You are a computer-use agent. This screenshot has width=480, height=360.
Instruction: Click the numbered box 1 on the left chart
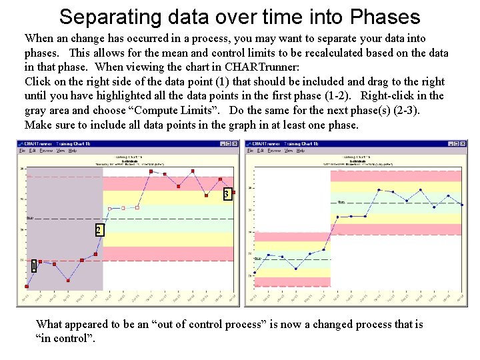point(33,267)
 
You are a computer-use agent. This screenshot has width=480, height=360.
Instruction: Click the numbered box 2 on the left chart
point(98,230)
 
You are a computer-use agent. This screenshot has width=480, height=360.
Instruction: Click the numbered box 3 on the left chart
point(227,194)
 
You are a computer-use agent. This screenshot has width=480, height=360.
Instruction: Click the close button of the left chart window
point(235,143)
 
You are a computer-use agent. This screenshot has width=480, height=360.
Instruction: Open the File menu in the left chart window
point(22,151)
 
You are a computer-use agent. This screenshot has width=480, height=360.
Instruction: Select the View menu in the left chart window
point(60,151)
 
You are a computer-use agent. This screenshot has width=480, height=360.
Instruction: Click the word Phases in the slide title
point(383,17)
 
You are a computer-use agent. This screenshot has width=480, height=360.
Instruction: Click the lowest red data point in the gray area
point(27,287)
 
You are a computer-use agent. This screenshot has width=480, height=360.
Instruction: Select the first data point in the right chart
point(255,273)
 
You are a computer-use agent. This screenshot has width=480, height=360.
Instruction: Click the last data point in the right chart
point(461,205)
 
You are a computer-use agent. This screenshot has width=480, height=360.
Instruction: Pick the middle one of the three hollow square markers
point(123,208)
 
